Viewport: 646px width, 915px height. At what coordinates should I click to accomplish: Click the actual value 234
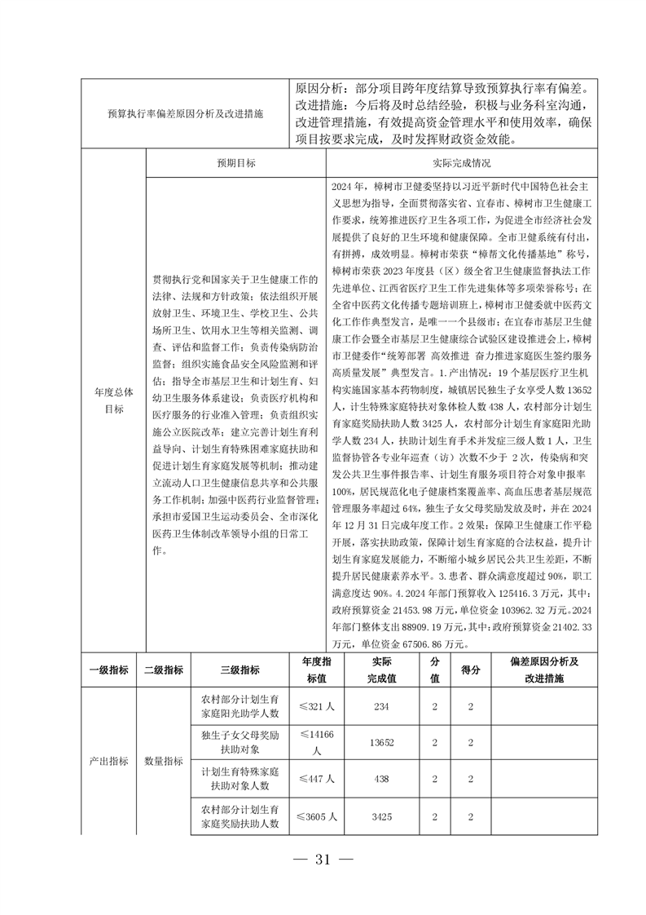point(381,706)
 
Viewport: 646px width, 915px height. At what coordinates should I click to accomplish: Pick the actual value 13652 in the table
point(381,742)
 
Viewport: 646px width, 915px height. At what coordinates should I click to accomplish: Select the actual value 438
point(381,779)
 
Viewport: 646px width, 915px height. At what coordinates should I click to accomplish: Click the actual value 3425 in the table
point(381,816)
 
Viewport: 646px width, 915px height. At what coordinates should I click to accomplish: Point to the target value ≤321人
point(315,706)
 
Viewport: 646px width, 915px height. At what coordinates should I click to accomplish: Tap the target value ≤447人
point(315,779)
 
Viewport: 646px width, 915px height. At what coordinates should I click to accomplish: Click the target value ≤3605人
point(315,816)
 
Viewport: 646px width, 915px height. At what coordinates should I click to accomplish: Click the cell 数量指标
point(163,761)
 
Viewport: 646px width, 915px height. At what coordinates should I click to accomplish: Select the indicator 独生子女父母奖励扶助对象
point(240,742)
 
